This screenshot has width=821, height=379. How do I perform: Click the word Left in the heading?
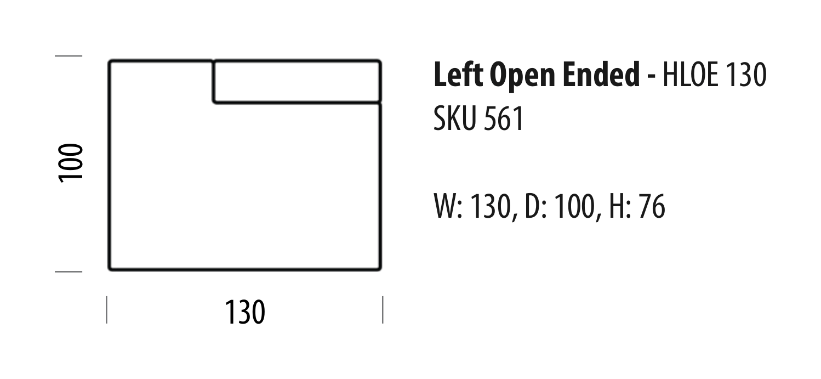pyautogui.click(x=458, y=75)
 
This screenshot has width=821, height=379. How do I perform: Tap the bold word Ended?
pyautogui.click(x=601, y=75)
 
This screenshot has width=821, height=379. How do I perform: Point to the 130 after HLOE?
pyautogui.click(x=746, y=75)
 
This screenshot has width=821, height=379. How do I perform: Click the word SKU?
pyautogui.click(x=454, y=118)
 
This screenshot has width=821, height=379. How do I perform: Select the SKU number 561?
pyautogui.click(x=504, y=118)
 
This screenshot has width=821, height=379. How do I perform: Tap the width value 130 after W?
pyautogui.click(x=491, y=207)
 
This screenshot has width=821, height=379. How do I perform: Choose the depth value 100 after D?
pyautogui.click(x=575, y=207)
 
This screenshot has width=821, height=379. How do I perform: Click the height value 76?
pyautogui.click(x=652, y=207)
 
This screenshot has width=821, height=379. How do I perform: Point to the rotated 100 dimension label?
pyautogui.click(x=71, y=163)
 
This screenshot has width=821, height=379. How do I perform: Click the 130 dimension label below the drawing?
pyautogui.click(x=245, y=312)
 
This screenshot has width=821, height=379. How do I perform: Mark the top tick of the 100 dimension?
pyautogui.click(x=69, y=56)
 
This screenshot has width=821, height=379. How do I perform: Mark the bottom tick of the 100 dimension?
pyautogui.click(x=69, y=272)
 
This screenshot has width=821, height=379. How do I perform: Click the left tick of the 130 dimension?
pyautogui.click(x=107, y=310)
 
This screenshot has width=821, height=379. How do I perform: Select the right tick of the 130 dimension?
pyautogui.click(x=383, y=310)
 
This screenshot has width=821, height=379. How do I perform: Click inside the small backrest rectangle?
pyautogui.click(x=297, y=82)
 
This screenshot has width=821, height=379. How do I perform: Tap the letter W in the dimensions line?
pyautogui.click(x=446, y=207)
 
